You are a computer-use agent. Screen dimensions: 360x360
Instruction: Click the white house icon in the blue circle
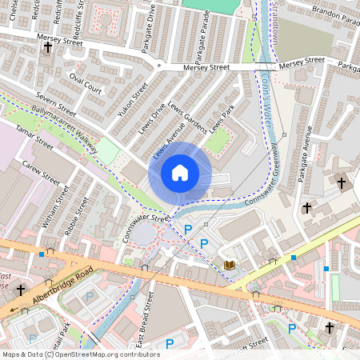(180, 173)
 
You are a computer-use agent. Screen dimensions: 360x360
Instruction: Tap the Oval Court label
(86, 83)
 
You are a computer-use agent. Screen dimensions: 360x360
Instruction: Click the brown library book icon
(230, 265)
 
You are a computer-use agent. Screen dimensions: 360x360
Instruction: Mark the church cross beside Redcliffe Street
(47, 48)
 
